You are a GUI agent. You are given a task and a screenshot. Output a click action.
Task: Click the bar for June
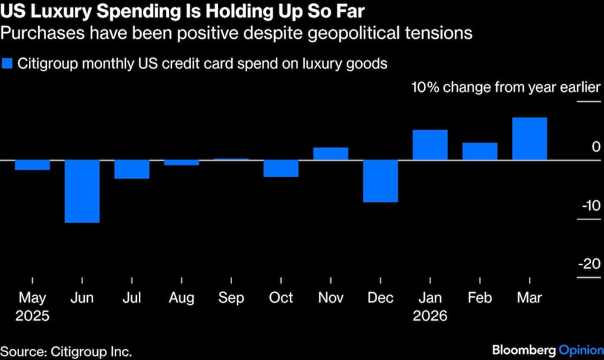pos(82,191)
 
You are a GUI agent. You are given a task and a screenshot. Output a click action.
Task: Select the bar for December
pos(381,181)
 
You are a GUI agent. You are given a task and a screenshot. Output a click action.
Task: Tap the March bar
pos(530,139)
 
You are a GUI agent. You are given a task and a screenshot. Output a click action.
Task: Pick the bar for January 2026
pos(430,145)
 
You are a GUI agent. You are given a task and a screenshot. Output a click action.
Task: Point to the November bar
pos(331,153)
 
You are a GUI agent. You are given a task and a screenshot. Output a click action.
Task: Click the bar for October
pos(281,169)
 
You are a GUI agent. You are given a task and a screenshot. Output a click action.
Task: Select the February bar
pos(480,151)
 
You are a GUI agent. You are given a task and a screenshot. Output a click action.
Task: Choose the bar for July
pos(132,169)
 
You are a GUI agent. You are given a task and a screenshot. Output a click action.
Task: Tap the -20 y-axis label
pos(590,264)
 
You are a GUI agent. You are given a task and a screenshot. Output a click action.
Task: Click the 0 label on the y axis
pos(596,147)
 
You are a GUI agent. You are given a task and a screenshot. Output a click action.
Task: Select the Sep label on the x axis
pos(231,298)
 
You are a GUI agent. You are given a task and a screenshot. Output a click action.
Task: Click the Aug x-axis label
pos(182,298)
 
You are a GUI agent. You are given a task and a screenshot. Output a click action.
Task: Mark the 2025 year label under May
pos(33,316)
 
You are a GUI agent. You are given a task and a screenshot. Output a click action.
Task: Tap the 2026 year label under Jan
pos(430,316)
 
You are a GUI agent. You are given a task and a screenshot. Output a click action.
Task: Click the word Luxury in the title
pos(54,11)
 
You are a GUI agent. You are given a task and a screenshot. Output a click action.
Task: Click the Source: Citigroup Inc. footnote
pos(66,351)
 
